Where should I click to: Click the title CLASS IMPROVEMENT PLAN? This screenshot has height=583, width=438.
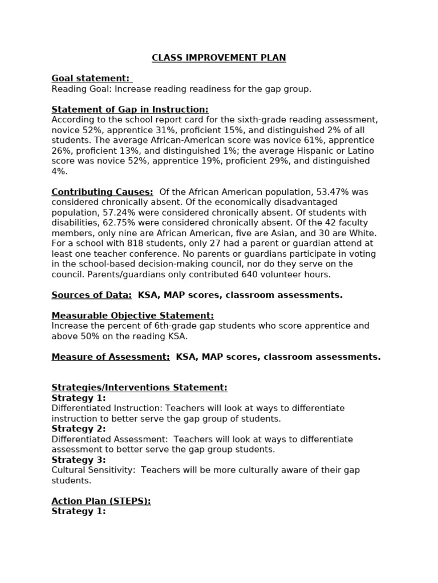[218, 58]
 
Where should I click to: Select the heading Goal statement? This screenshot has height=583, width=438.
[90, 79]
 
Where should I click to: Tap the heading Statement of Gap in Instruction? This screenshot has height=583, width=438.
[130, 109]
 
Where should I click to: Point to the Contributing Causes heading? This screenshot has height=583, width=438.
[102, 192]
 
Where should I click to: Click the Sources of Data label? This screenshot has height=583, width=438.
[91, 295]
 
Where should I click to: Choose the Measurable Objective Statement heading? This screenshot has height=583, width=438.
[132, 315]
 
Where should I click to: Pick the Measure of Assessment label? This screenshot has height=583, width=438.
[111, 357]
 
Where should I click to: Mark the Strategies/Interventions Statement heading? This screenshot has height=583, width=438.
[139, 388]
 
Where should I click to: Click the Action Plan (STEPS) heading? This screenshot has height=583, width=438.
[101, 501]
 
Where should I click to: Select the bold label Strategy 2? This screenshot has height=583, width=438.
[79, 429]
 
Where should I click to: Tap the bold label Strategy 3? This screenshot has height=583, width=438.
[79, 460]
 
